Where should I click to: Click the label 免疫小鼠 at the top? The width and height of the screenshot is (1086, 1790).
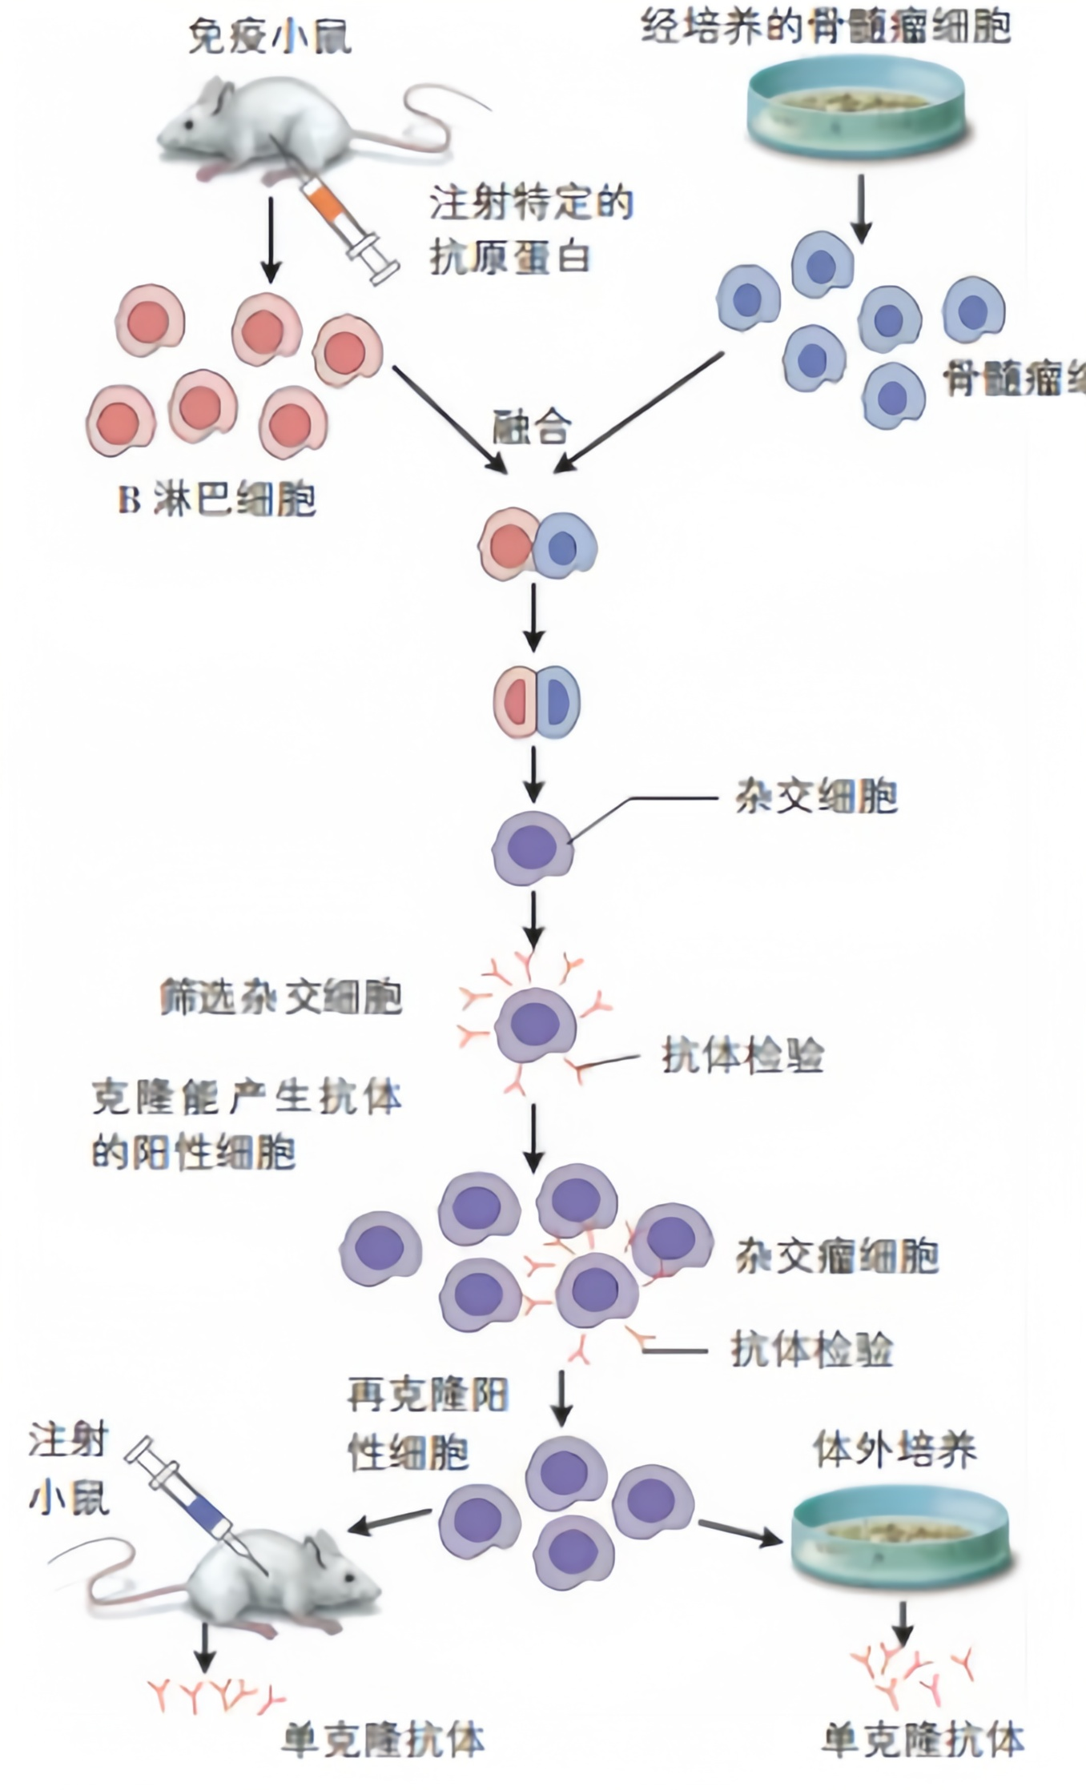click(269, 38)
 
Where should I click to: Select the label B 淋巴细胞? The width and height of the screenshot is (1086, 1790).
click(217, 500)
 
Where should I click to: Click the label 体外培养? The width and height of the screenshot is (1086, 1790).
click(895, 1449)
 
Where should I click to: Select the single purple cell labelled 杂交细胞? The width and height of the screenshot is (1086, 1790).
click(533, 847)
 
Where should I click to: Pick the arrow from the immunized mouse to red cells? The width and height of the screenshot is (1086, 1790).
click(271, 239)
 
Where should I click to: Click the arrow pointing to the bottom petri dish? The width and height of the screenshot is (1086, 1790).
click(741, 1532)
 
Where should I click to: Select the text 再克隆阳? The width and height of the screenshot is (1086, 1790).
click(428, 1395)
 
